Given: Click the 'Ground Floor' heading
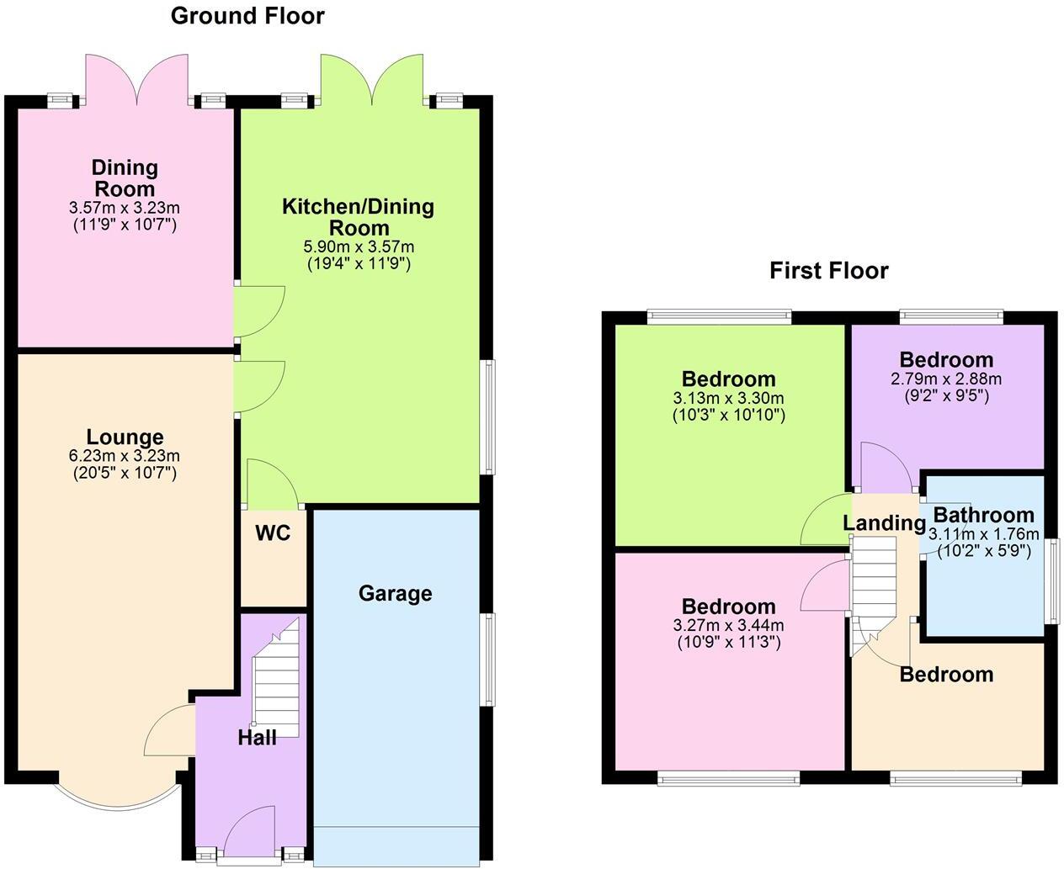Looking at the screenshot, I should pos(247,16).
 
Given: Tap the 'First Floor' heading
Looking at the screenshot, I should pos(828,271).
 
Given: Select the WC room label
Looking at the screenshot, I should pos(273,533).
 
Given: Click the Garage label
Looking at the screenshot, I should pos(395,594).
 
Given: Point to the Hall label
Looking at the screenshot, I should pos(257,738).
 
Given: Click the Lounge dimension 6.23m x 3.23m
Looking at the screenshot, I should pos(125,456).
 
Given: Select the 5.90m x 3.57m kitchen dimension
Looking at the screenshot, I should pos(359,247).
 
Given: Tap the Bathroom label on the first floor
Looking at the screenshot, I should pos(983,515).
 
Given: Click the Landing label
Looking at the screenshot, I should pos(884,523).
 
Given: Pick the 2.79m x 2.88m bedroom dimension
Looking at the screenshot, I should pos(946,379).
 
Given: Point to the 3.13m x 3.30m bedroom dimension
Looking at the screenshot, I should pos(729,398).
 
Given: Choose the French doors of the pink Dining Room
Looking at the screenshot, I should pos(137,81).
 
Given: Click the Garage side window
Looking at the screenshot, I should pos(487,660).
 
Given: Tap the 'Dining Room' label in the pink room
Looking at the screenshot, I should pos(125,178).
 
